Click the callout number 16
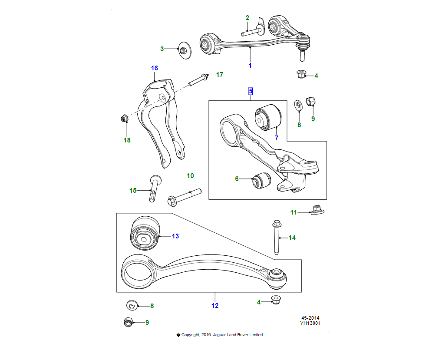pyautogui.click(x=155, y=68)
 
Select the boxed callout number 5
pyautogui.click(x=251, y=91)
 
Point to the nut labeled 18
pyautogui.click(x=124, y=118)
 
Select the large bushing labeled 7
pyautogui.click(x=268, y=116)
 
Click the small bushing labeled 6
pyautogui.click(x=261, y=180)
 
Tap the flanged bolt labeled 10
pyautogui.click(x=182, y=197)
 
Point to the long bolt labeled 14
pyautogui.click(x=276, y=237)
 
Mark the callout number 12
pyautogui.click(x=215, y=306)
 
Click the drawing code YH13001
pyautogui.click(x=310, y=323)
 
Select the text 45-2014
pyautogui.click(x=310, y=318)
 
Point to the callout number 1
pyautogui.click(x=250, y=66)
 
